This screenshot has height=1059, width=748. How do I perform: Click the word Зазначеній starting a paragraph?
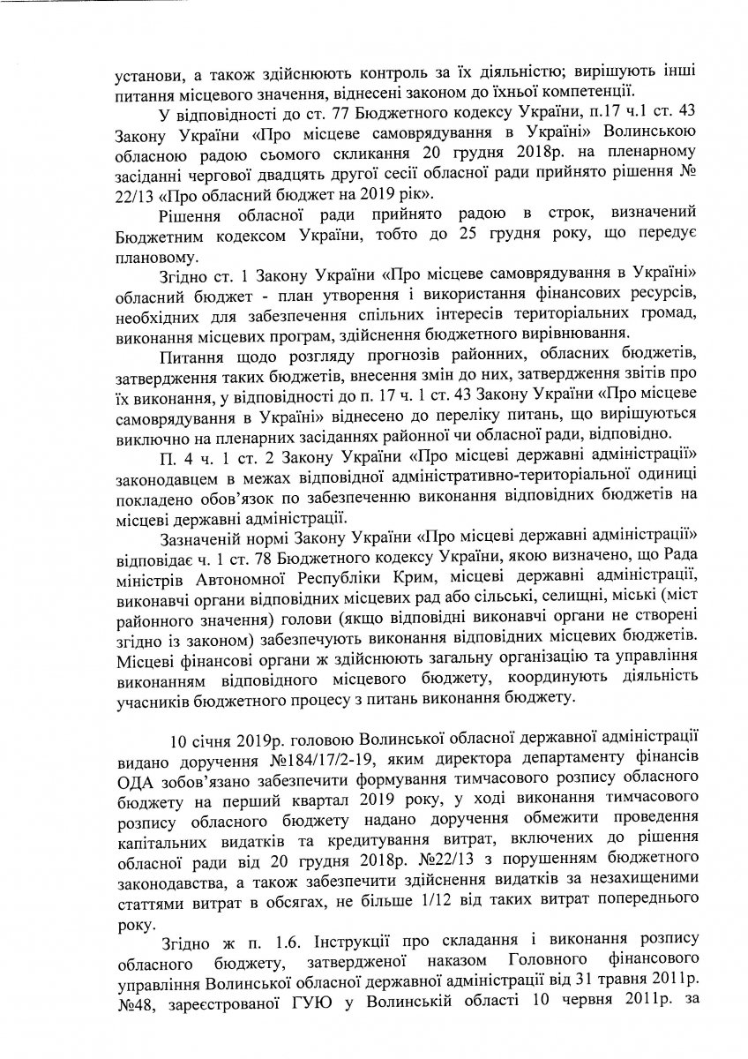[207, 537]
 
